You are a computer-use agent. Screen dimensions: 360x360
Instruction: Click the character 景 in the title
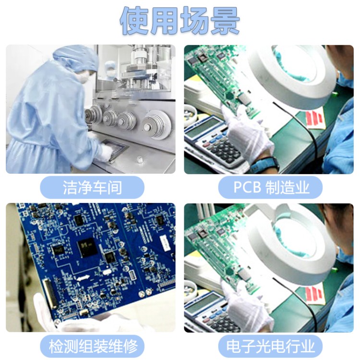click(225, 21)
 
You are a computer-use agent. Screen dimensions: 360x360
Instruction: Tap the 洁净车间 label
click(92, 187)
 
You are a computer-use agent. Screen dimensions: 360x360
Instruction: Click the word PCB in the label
click(247, 187)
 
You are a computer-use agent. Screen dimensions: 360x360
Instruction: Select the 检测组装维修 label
click(92, 346)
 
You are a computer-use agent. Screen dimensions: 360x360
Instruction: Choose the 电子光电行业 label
click(270, 346)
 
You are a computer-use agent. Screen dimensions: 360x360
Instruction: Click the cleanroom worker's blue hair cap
click(76, 58)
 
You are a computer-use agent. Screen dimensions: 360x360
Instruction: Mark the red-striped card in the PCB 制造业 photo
click(314, 119)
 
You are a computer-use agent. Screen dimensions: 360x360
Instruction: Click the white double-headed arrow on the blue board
click(83, 278)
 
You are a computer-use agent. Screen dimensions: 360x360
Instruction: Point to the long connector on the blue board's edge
click(50, 293)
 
